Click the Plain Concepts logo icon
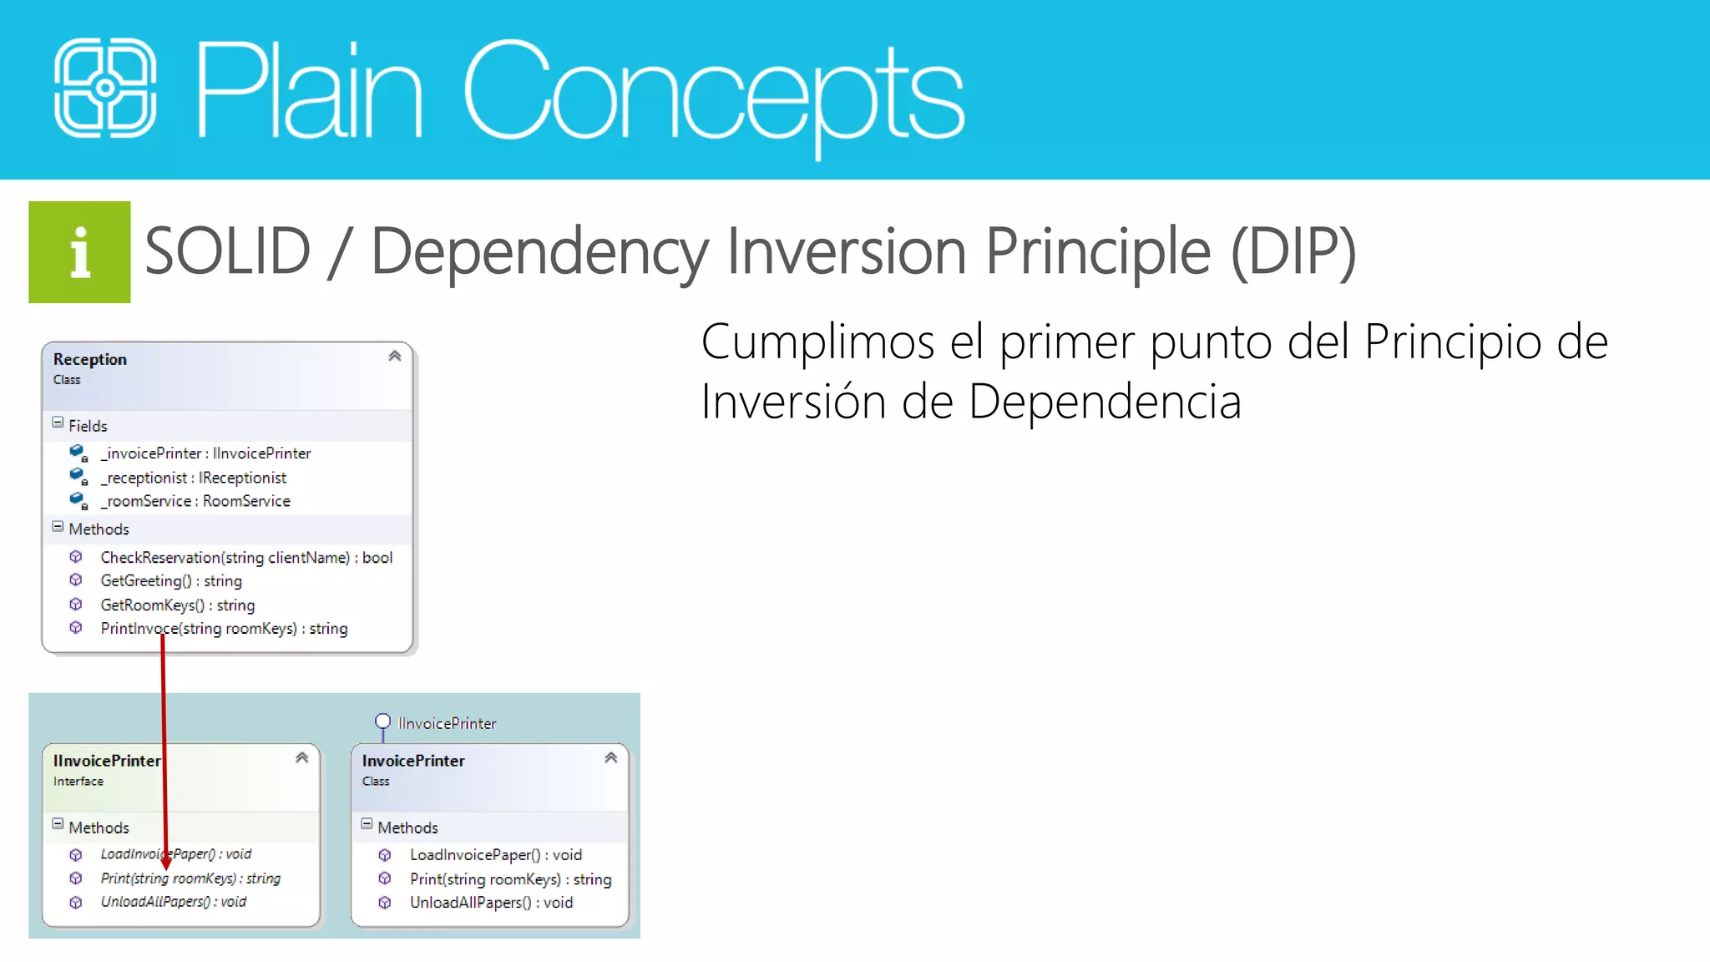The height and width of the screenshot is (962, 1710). [105, 88]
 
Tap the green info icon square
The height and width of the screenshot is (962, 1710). [79, 252]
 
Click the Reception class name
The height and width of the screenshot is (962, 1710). [90, 359]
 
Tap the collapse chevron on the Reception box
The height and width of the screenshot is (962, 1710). [395, 357]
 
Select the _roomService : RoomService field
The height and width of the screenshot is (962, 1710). [195, 501]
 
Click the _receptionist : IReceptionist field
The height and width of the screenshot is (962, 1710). [193, 478]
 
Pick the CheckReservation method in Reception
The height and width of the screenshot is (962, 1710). [246, 557]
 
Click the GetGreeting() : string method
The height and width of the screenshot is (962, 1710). [171, 580]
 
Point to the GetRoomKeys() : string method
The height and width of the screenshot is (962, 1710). [178, 605]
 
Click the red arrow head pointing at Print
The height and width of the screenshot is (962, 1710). [165, 864]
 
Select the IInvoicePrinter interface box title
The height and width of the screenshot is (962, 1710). [107, 761]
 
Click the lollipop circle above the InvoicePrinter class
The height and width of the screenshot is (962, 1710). [382, 721]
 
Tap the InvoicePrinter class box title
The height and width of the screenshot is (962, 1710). [413, 761]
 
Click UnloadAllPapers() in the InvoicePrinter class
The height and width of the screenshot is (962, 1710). [491, 903]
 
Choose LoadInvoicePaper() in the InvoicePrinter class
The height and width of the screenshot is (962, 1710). [495, 855]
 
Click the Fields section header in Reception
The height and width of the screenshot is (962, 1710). [88, 426]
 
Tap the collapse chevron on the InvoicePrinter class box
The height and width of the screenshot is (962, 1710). [611, 758]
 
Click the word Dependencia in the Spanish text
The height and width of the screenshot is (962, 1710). [1105, 402]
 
